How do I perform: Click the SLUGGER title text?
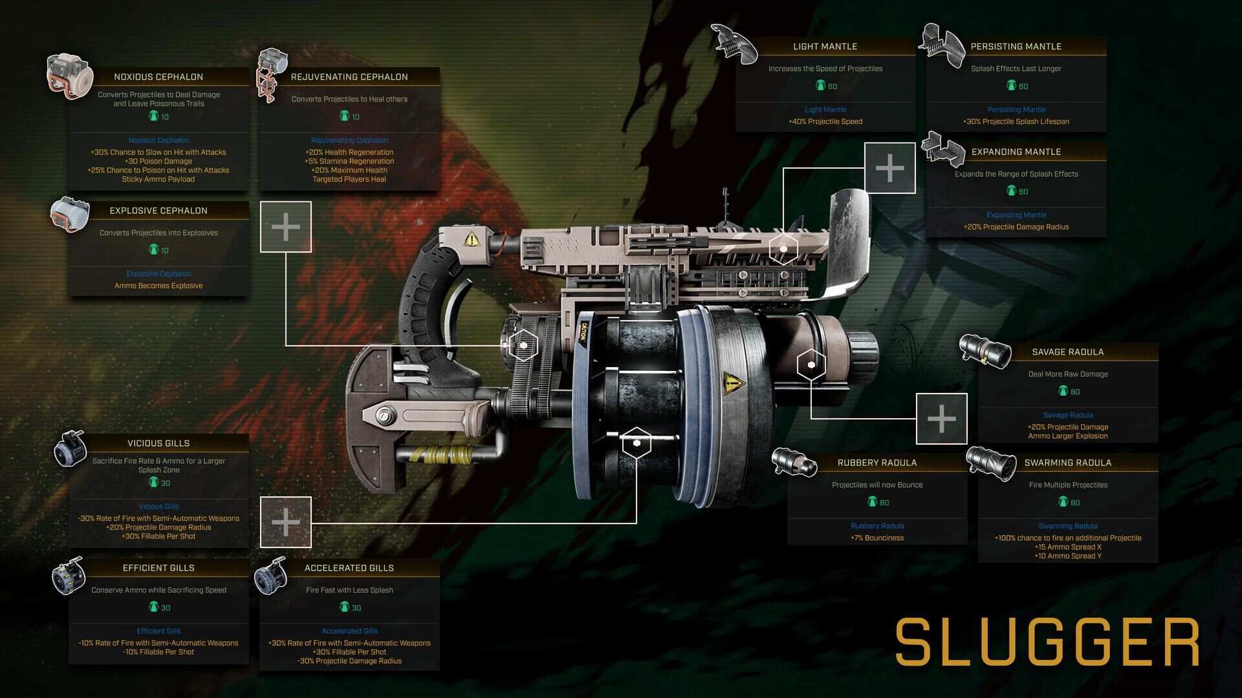[1047, 642]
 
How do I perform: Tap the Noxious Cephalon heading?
[158, 77]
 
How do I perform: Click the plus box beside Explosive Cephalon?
[285, 227]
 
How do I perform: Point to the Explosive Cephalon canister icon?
[70, 215]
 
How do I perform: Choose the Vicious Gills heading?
[158, 443]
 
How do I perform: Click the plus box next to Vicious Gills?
[285, 522]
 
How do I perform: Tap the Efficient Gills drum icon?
[69, 576]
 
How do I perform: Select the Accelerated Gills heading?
[349, 568]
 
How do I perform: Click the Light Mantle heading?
[825, 47]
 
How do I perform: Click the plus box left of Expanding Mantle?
[890, 168]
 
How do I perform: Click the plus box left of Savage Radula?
[941, 419]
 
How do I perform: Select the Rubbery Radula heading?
[877, 463]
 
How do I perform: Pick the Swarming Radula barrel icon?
[990, 463]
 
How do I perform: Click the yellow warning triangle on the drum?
[733, 383]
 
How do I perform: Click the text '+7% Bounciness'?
[877, 538]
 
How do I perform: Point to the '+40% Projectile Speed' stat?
[825, 122]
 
